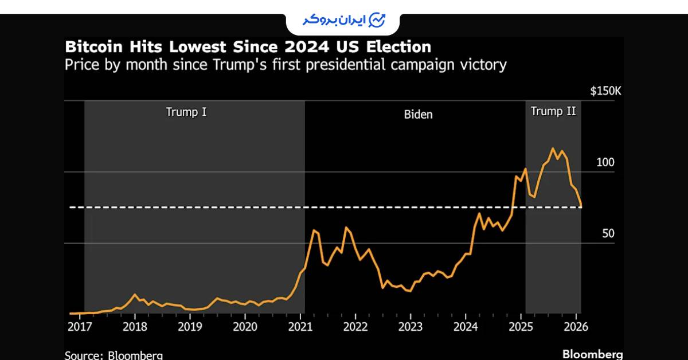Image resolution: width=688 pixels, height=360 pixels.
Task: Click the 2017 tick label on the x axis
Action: (x=80, y=327)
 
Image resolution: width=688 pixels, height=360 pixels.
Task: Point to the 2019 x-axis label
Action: (x=190, y=327)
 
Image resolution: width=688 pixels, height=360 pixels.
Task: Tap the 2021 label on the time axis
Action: (x=300, y=327)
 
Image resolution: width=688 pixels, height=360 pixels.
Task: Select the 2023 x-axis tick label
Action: (x=411, y=327)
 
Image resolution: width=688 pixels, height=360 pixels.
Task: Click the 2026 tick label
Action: (x=576, y=327)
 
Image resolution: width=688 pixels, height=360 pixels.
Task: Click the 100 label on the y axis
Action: (x=605, y=163)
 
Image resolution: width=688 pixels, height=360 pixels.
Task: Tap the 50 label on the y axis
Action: (x=608, y=234)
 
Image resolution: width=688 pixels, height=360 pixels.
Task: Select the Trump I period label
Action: (x=186, y=112)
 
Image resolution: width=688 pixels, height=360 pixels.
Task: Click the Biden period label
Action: (x=419, y=114)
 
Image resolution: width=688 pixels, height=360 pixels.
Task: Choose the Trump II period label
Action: (x=553, y=111)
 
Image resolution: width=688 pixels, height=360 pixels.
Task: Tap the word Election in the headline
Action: (x=395, y=46)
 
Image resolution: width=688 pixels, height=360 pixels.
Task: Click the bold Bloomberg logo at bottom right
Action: (x=592, y=354)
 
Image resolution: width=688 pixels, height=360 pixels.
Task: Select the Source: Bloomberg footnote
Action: (x=114, y=355)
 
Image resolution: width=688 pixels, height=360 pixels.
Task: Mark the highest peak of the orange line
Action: (x=553, y=148)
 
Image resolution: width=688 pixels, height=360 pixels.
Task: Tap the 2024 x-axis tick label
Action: (x=466, y=327)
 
